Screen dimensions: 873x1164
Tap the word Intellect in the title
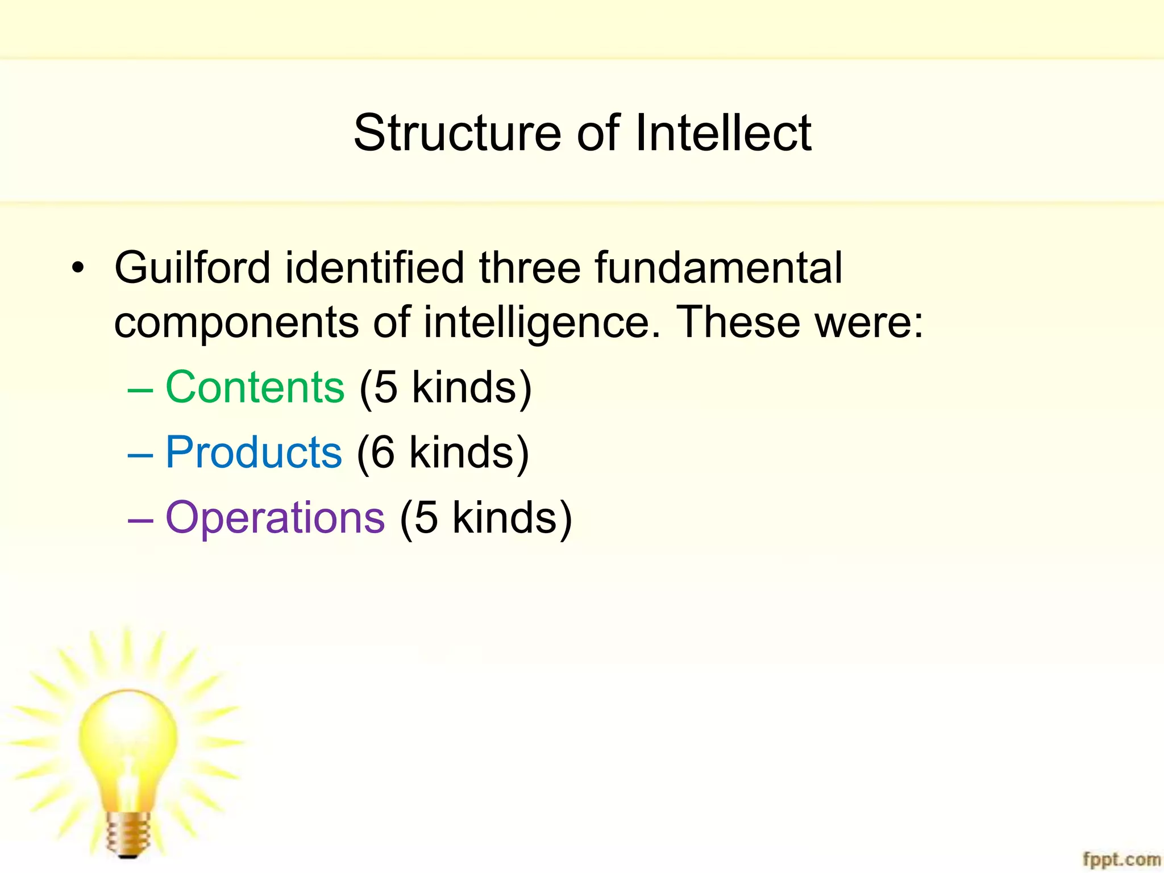723,133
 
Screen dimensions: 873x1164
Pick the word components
236,322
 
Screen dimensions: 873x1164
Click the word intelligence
542,322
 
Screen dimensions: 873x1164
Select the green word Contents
255,387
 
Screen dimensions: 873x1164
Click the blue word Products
253,452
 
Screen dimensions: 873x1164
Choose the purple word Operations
275,518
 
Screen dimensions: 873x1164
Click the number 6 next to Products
383,453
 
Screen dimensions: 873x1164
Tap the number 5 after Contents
386,388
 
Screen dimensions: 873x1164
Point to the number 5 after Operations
426,518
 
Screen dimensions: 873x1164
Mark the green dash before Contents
140,390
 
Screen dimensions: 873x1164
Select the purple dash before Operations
140,521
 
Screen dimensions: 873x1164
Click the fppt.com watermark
1121,859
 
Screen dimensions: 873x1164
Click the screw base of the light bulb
128,833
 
